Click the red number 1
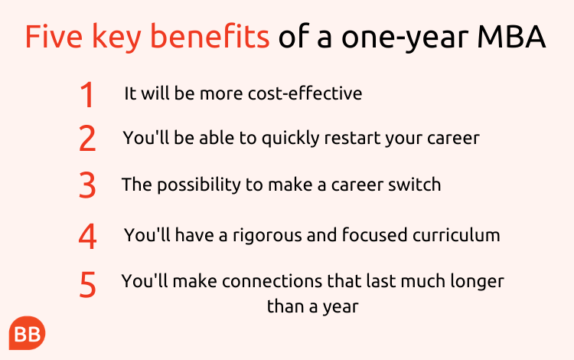(x=87, y=94)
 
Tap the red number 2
(x=87, y=138)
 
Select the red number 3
(x=87, y=185)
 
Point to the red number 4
(x=87, y=236)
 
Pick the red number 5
(x=87, y=284)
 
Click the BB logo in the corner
(x=27, y=333)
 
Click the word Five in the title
(x=54, y=36)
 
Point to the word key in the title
(x=116, y=38)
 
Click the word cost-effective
(x=305, y=93)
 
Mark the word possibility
(x=199, y=185)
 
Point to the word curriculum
(x=456, y=235)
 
